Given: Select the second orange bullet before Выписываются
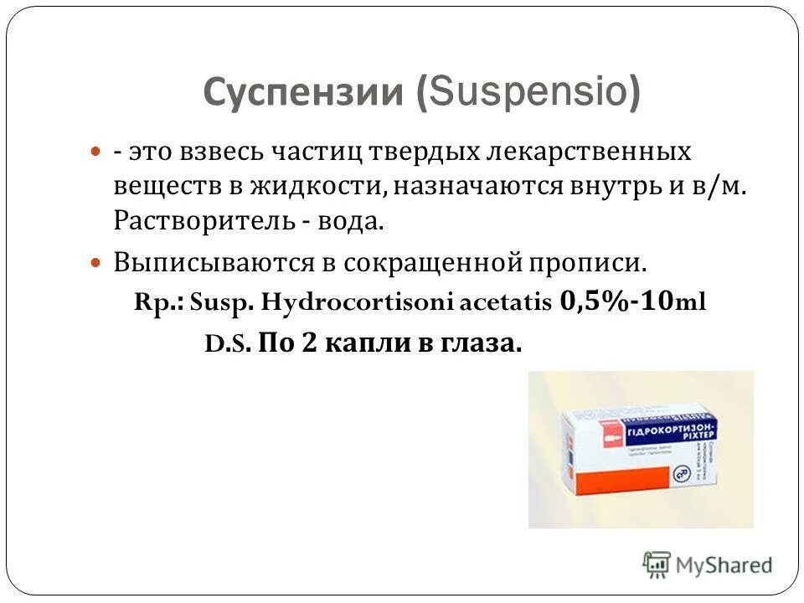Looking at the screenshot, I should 95,261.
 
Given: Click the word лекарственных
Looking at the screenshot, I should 598,152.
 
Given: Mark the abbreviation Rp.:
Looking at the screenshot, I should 159,302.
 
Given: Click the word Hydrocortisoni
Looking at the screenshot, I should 358,302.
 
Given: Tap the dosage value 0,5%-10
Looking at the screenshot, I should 616,301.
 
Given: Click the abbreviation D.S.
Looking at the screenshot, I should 227,343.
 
